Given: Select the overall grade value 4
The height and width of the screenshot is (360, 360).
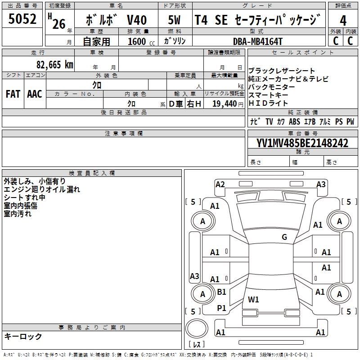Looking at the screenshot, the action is (343, 21).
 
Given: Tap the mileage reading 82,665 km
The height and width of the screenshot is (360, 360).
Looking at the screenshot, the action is (54, 65).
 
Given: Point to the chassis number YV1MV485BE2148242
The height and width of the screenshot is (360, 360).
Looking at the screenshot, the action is (302, 143).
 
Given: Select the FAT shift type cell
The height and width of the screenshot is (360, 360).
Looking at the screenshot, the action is (13, 94).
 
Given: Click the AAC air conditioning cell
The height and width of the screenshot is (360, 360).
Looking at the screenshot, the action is (34, 94).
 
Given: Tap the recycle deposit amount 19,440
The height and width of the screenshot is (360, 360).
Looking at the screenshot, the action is (224, 103).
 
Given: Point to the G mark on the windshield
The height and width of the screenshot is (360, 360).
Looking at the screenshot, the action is (284, 237).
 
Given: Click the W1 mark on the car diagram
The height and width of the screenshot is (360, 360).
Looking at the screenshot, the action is (253, 299).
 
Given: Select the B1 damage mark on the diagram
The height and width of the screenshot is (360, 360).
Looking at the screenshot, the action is (221, 292).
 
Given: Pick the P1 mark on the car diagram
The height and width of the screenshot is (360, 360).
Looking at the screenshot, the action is (221, 308).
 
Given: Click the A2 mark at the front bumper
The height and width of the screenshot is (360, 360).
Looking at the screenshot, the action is (220, 184).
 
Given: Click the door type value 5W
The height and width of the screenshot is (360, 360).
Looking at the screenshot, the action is (174, 21).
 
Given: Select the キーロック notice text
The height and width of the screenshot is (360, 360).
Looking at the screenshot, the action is (23, 336).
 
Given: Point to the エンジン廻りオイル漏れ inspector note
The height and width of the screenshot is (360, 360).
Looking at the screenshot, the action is (42, 189).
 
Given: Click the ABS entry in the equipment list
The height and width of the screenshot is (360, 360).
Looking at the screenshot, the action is (294, 121).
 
